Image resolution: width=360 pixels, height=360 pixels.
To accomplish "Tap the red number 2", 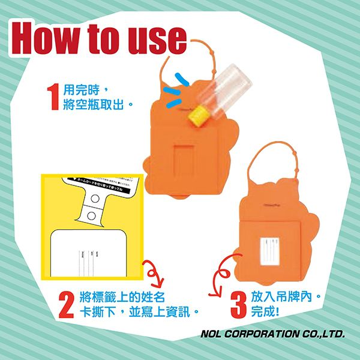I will (x=68, y=305).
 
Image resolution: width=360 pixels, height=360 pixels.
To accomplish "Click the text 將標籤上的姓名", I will (x=120, y=298).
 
